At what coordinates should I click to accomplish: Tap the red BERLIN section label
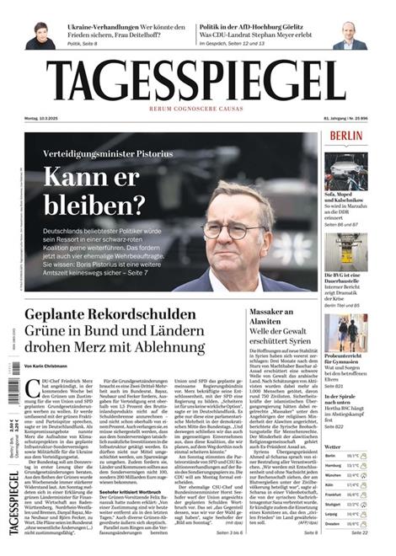pyautogui.click(x=346, y=136)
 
